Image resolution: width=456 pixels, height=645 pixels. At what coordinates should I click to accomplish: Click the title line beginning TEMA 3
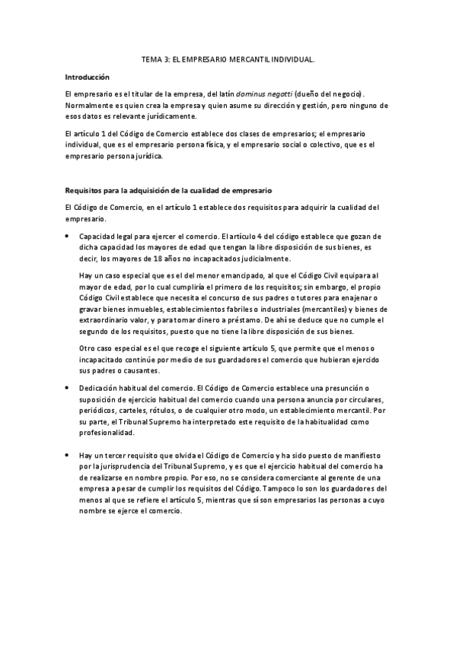pos(228,58)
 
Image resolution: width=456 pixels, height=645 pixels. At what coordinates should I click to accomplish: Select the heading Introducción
pos(87,77)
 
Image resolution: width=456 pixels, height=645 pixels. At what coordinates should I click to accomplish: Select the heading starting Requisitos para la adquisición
pos(168,189)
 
